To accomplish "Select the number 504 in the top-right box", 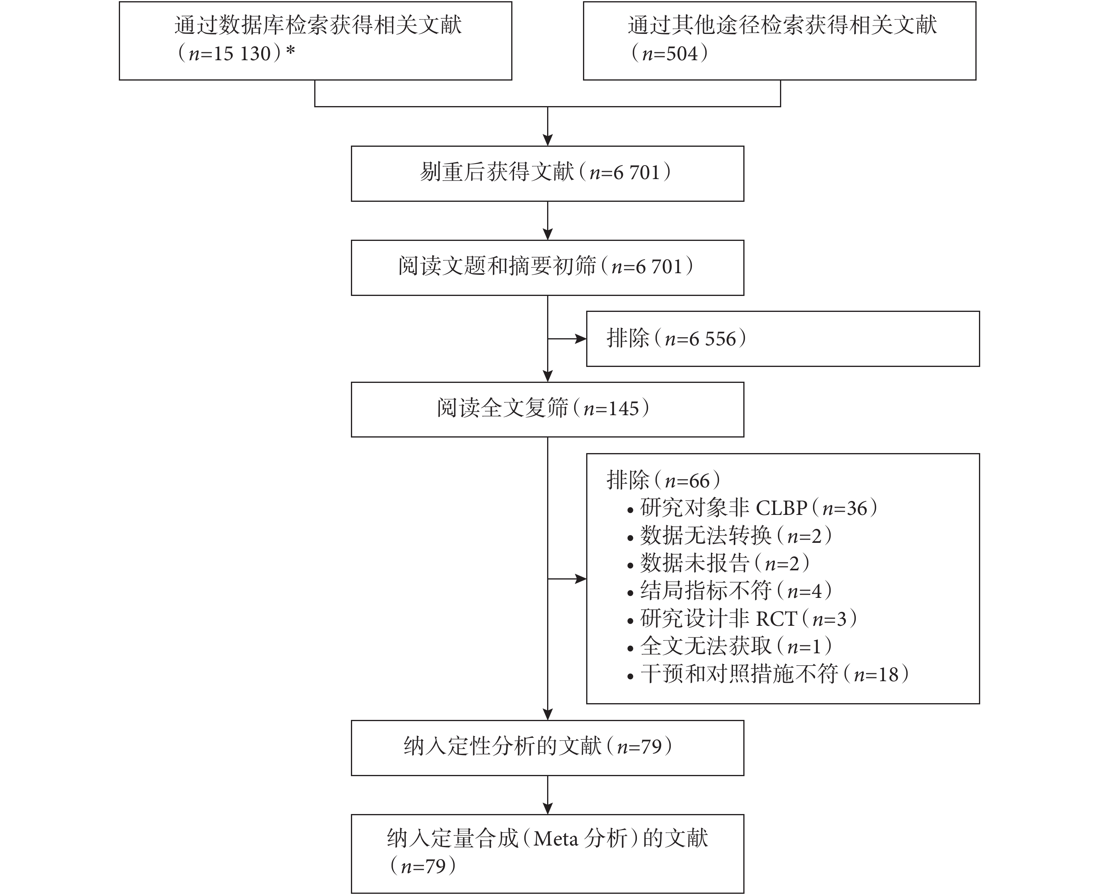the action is point(681,53).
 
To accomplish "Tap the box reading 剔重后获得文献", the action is point(548,174).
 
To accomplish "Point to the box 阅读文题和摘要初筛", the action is point(548,268).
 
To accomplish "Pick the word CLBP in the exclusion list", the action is point(782,509).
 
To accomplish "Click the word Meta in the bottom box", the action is point(556,839).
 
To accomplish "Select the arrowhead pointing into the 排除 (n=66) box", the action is point(581,579).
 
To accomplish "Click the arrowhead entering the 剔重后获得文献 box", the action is point(548,140).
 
